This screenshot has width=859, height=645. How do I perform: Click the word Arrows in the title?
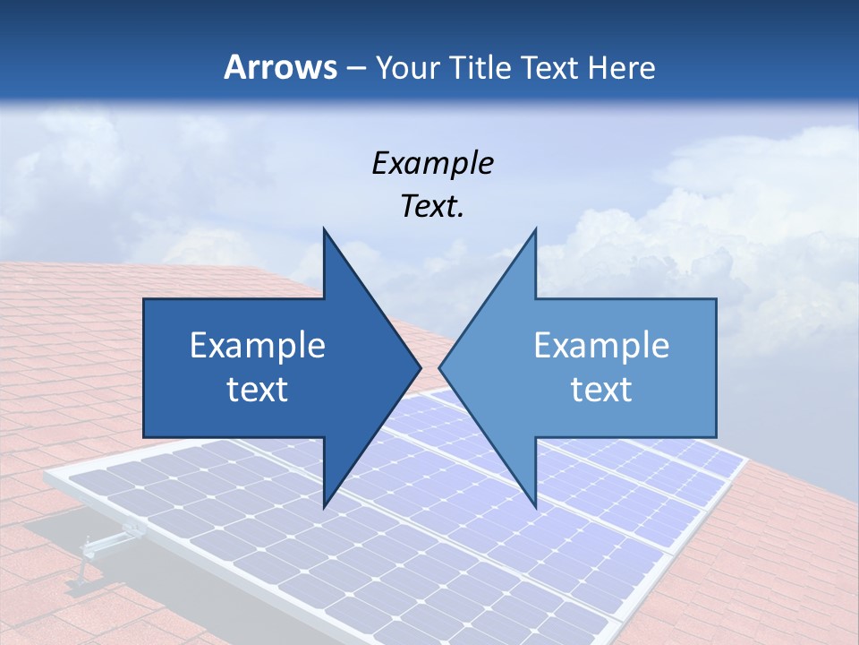point(280,67)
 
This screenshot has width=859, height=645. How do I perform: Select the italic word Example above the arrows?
point(432,164)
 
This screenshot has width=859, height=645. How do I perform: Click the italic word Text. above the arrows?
point(432,207)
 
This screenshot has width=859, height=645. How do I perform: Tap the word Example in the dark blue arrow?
point(258,346)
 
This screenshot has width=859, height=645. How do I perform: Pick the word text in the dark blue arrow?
point(258,390)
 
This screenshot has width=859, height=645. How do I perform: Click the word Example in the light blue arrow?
point(601,346)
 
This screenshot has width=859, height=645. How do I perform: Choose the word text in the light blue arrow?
point(601,390)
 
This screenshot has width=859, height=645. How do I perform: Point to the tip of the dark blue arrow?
point(421,367)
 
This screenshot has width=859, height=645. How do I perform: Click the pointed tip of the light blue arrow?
point(439,367)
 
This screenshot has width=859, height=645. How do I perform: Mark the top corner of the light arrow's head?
point(535,228)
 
